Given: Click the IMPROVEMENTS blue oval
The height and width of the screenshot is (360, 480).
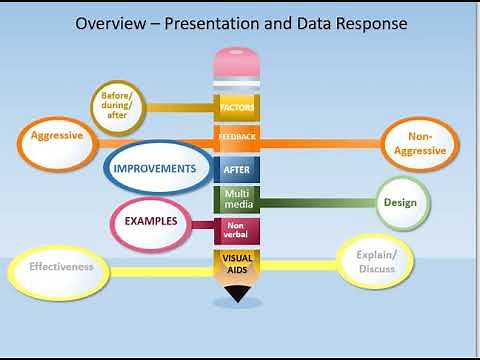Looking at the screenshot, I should (x=154, y=169).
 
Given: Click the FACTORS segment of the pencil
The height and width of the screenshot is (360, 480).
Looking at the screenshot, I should (x=237, y=106).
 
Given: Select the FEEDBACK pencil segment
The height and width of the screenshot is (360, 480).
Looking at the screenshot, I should (x=237, y=137).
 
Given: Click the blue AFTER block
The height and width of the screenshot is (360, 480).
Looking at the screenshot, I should (x=237, y=169).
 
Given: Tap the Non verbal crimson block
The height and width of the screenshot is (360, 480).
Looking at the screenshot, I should (x=237, y=230).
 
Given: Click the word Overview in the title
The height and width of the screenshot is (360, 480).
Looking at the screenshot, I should (x=112, y=22).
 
